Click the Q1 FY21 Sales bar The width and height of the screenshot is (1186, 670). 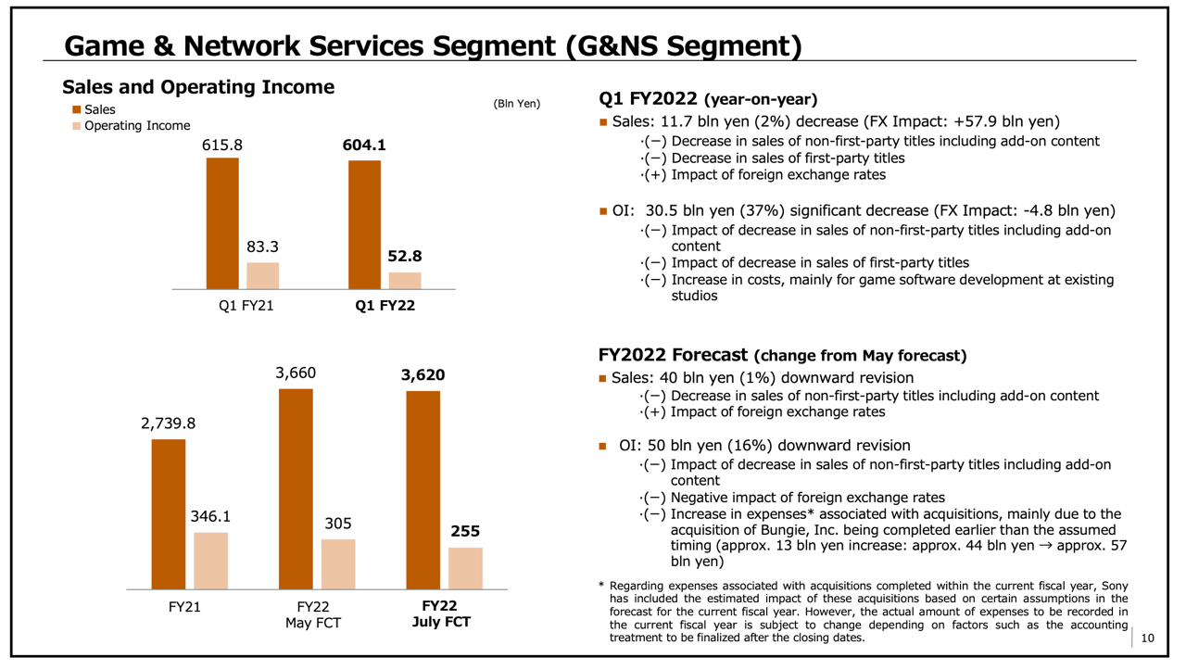coord(222,223)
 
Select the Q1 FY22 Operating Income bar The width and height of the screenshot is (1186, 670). coord(405,281)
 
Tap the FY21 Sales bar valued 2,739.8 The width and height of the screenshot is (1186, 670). coord(169,514)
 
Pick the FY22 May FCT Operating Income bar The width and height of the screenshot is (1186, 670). coord(338,563)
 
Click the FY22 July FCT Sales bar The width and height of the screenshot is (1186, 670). coord(423,489)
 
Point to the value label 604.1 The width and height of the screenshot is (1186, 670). coord(364,145)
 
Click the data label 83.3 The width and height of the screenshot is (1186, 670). coord(262,247)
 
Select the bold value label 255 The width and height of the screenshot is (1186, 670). coord(465,532)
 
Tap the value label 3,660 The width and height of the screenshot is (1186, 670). coord(296,373)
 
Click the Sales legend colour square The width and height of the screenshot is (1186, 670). coord(77,110)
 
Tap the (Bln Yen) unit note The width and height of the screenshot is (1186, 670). coord(516,103)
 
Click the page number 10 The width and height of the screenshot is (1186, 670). coord(1148,638)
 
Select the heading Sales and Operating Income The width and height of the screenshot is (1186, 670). coord(198,87)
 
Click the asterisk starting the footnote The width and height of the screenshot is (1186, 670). coord(601,585)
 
